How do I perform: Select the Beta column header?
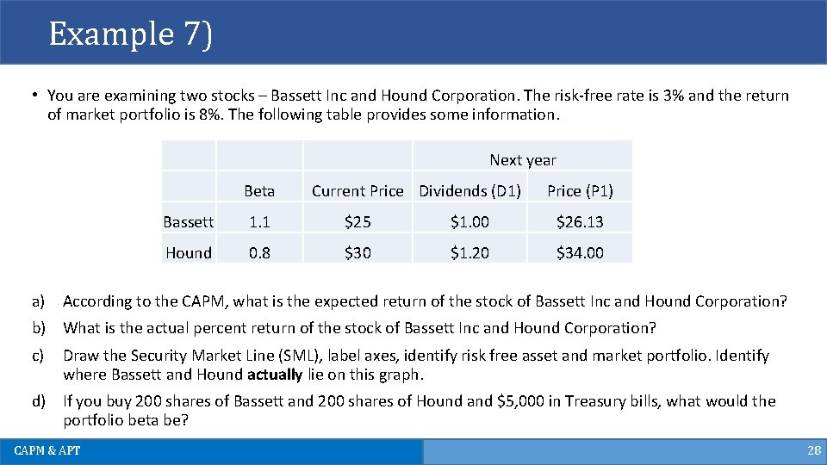point(259,191)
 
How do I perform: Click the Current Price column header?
point(358,191)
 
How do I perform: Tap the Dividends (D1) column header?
point(469,191)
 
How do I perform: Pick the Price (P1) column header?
point(580,191)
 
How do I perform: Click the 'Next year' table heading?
point(523,160)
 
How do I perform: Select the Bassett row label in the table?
point(189,222)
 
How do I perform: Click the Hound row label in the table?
point(189,253)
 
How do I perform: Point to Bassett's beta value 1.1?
point(259,222)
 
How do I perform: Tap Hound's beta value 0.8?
point(259,253)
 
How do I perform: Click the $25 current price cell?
point(358,222)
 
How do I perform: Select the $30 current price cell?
point(358,253)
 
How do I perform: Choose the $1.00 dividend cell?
point(469,222)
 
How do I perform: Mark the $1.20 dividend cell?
point(469,253)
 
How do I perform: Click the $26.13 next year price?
point(580,222)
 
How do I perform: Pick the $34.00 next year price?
point(580,253)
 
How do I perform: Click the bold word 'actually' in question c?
point(274,375)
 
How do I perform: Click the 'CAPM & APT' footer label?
point(47,451)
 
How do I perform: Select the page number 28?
point(813,451)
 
